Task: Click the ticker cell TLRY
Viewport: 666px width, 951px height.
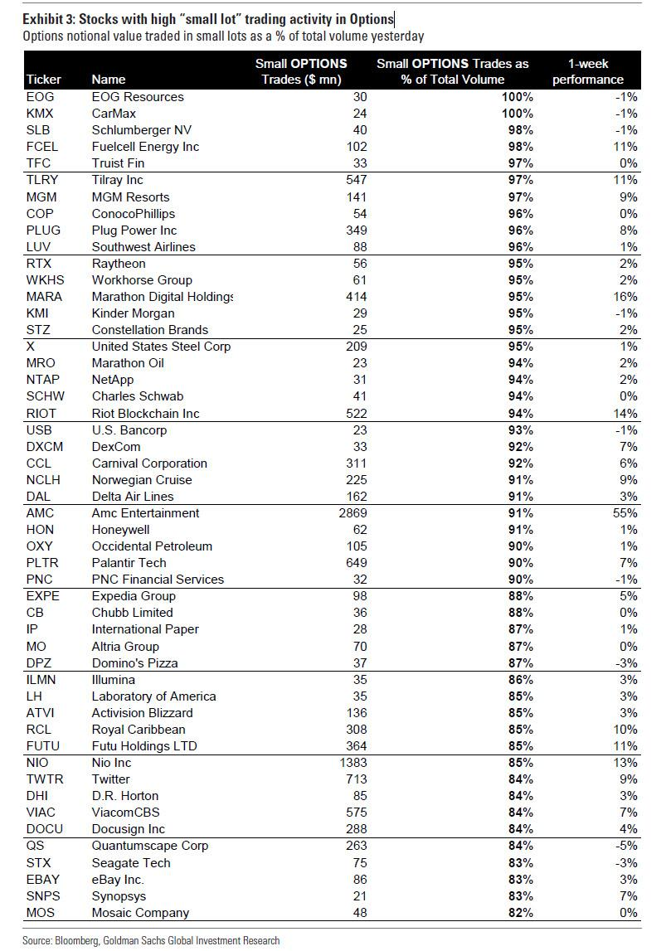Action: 42,180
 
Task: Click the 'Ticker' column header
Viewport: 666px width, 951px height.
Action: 44,80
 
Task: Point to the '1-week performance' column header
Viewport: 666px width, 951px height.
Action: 595,71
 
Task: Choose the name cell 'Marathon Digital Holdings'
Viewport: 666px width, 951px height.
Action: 163,296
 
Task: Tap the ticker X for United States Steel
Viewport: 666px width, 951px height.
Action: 31,347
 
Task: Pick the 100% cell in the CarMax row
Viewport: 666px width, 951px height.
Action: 516,114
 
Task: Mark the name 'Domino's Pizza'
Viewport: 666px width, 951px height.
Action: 135,662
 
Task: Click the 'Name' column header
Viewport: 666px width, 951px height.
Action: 108,80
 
